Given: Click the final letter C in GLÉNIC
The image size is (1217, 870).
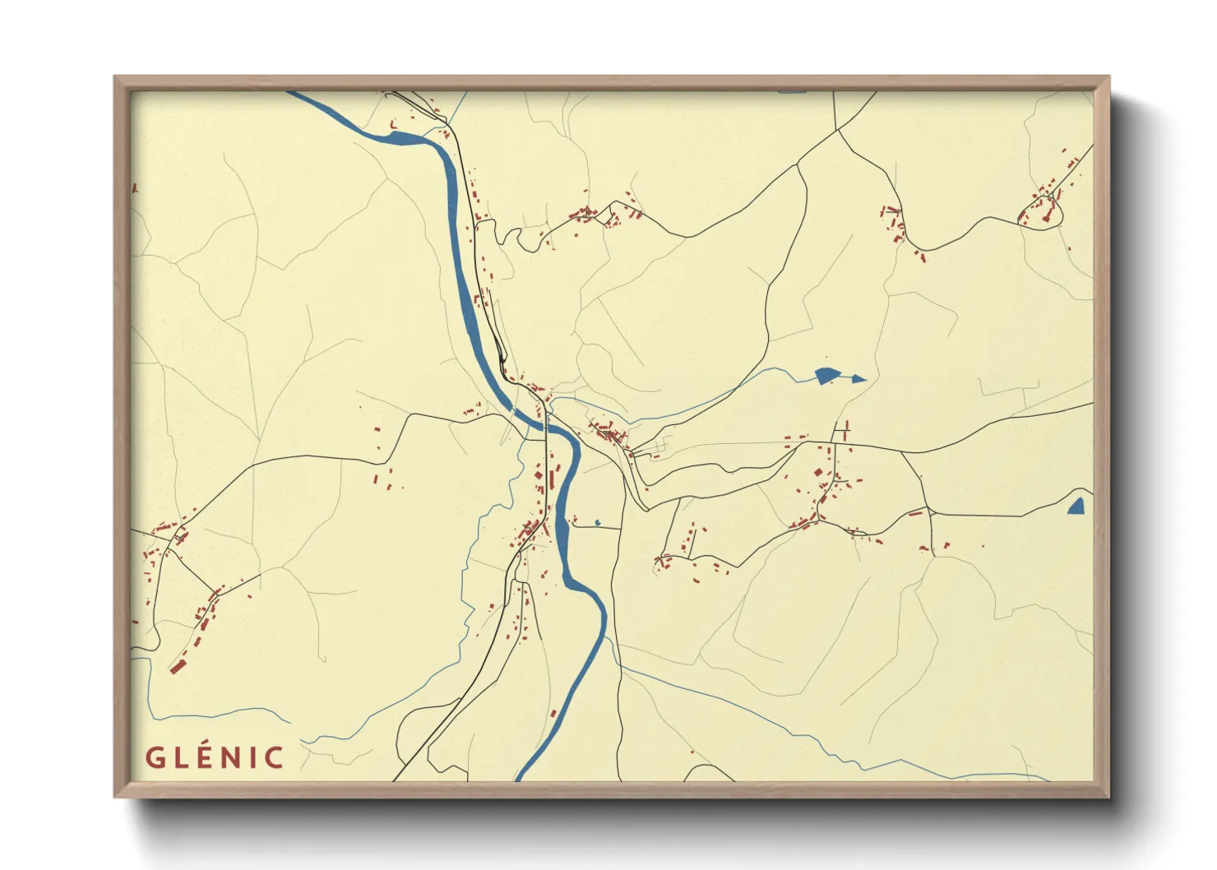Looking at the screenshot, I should point(274,757).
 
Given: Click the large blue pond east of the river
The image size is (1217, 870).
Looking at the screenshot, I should point(825,376).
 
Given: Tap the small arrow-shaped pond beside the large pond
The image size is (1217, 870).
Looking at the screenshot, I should point(857,379).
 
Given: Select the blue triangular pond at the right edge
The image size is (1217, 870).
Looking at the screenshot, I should point(1077,507).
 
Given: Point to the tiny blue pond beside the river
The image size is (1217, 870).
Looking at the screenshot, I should point(597,522).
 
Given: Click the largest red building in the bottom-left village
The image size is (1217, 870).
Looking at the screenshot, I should point(176,666).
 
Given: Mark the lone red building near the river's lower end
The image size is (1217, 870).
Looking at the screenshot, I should point(553,713).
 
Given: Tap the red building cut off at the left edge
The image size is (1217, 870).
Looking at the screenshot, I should point(134,188).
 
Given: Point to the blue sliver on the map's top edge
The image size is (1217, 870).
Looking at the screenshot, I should point(792,91).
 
